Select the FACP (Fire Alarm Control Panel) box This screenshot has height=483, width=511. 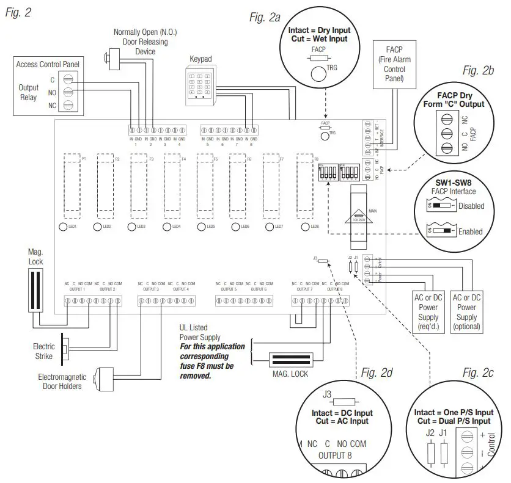[x=394, y=65]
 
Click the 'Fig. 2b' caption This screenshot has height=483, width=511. [x=479, y=71]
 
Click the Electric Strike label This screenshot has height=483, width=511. [x=44, y=351]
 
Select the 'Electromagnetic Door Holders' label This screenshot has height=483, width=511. [x=63, y=382]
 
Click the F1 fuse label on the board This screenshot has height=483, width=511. [x=84, y=159]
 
